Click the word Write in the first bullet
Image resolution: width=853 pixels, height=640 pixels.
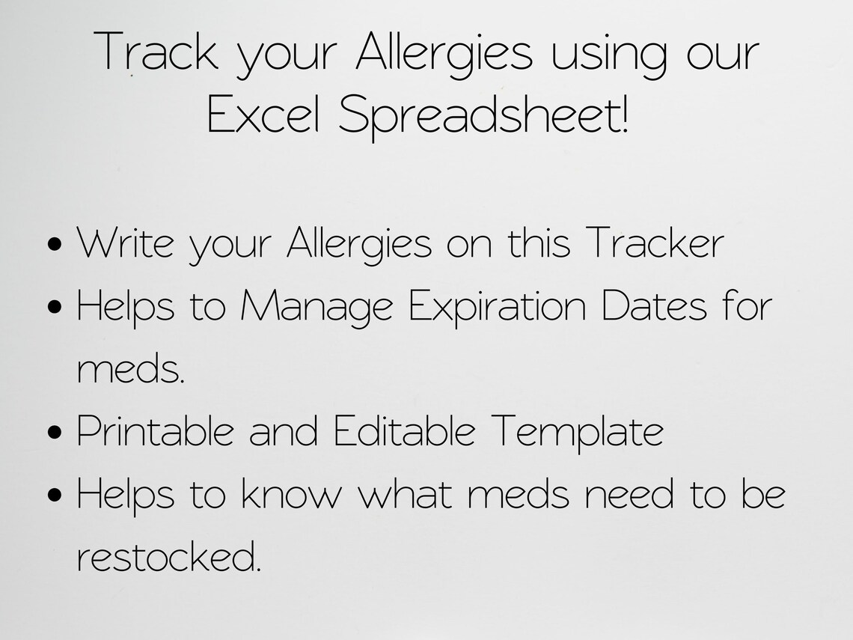(x=125, y=243)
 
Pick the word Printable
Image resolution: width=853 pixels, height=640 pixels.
(x=155, y=431)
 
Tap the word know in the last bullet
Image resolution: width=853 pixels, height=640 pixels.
(x=290, y=494)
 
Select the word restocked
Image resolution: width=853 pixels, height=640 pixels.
(x=169, y=556)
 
